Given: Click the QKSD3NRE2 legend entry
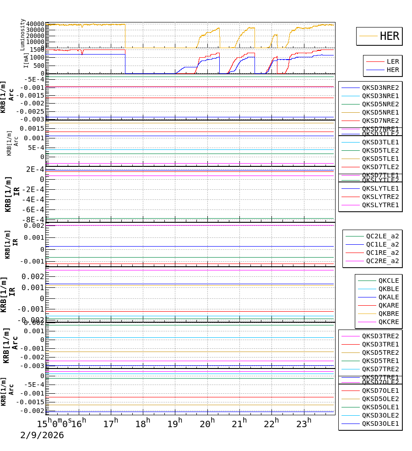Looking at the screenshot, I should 380,88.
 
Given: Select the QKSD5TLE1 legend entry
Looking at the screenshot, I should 380,159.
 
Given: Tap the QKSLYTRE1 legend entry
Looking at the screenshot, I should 380,205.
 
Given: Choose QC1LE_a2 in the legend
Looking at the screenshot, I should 382,244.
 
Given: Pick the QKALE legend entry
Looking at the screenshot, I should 388,297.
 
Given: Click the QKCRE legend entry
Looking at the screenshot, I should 388,322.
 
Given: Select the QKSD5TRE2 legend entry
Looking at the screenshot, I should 380,352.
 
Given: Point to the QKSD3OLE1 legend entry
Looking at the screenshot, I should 380,423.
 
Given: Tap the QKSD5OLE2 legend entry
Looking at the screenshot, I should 380,399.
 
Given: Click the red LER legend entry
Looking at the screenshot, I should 392,61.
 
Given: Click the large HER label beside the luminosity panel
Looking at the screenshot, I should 389,36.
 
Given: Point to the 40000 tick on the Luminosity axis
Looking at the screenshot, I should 35,24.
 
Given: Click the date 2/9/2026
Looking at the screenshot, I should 42,435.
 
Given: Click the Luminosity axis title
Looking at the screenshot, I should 23,34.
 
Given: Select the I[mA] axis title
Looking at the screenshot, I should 26,60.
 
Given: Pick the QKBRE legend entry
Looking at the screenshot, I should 388,313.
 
